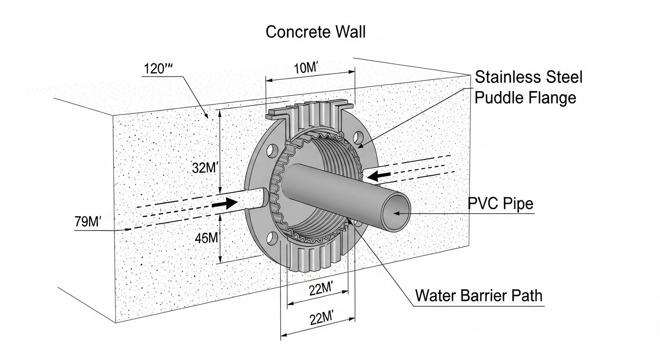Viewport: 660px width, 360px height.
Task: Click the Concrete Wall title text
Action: (315, 32)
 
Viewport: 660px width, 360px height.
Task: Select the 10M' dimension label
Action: (306, 67)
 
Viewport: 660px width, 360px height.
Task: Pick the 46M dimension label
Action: (207, 238)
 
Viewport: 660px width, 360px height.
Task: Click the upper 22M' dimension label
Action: (322, 290)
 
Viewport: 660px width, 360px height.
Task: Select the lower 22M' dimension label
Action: (322, 318)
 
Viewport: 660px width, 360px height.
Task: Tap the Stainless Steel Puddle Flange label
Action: (528, 87)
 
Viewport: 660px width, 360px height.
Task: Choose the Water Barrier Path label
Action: (479, 296)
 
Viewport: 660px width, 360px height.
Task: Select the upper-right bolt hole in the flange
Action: (358, 137)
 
